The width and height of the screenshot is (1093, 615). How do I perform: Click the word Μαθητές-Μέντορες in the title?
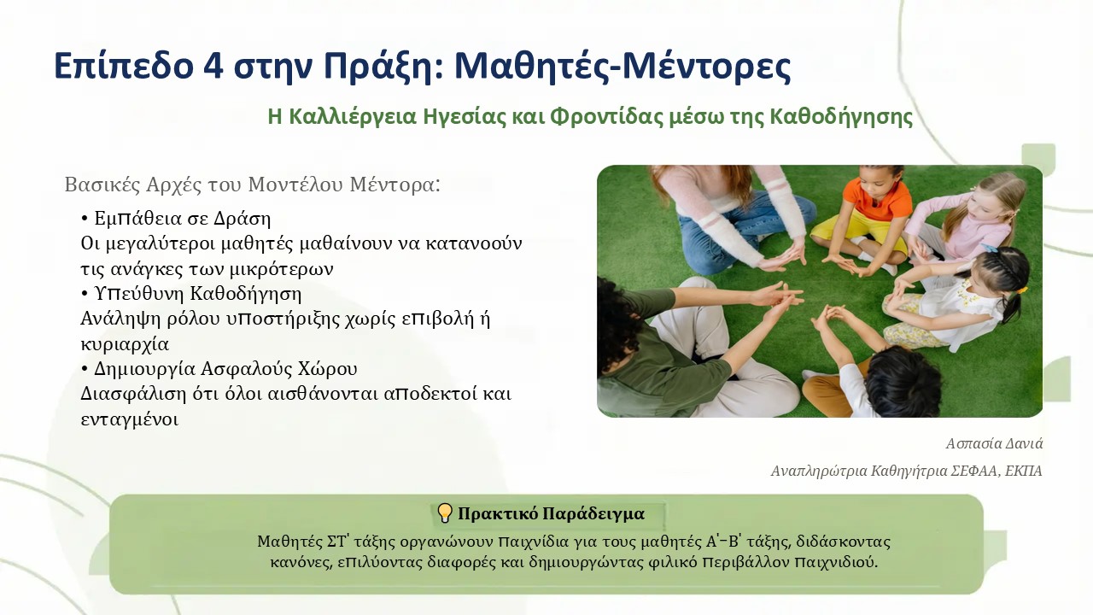(x=622, y=66)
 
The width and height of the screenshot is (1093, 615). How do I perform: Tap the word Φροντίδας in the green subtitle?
(x=607, y=117)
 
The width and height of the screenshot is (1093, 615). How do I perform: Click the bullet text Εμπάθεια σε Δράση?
(x=183, y=218)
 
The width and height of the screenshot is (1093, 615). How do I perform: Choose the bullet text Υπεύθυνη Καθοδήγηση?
(x=197, y=294)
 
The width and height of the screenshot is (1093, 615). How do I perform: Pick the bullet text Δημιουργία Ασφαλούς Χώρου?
(x=225, y=369)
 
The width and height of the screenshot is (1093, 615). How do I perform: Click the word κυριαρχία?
(x=125, y=344)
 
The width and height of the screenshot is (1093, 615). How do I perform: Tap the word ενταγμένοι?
(x=129, y=419)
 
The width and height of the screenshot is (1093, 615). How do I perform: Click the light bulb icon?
(x=445, y=513)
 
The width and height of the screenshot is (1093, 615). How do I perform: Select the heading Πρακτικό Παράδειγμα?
(x=551, y=513)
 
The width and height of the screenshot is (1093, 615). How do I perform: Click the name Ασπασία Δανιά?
(x=994, y=443)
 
